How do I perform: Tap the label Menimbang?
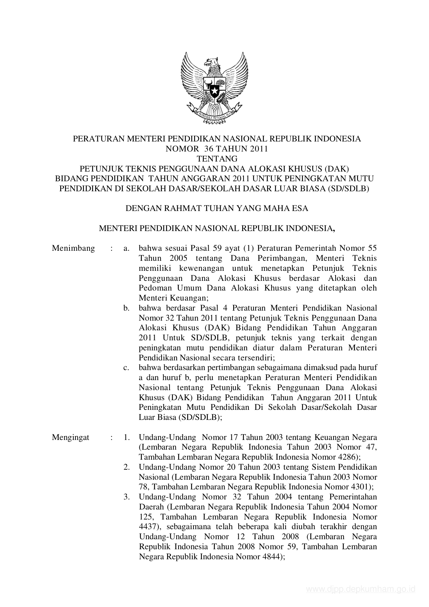(73, 248)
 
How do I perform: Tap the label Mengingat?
(71, 437)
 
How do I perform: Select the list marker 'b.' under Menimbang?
(127, 308)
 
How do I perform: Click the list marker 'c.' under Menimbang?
(127, 367)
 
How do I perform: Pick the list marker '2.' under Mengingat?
(127, 467)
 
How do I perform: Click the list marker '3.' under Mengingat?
(127, 497)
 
